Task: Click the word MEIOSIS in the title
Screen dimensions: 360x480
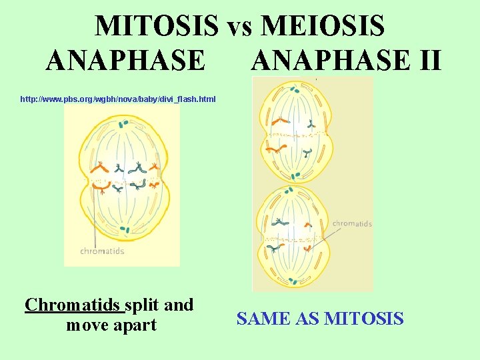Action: pos(323,26)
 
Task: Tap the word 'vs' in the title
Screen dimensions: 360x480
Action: pos(239,27)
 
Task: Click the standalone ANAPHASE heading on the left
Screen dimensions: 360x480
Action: pos(126,60)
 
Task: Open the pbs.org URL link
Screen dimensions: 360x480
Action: pos(118,99)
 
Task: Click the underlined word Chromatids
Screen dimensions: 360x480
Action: pos(74,305)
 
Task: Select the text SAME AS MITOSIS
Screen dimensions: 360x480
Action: pos(320,319)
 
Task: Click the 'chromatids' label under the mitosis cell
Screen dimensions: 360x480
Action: pos(102,251)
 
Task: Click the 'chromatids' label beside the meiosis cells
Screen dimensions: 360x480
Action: pos(352,224)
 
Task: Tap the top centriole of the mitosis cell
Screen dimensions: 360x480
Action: pos(124,123)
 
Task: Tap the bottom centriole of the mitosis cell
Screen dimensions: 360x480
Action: pos(124,230)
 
